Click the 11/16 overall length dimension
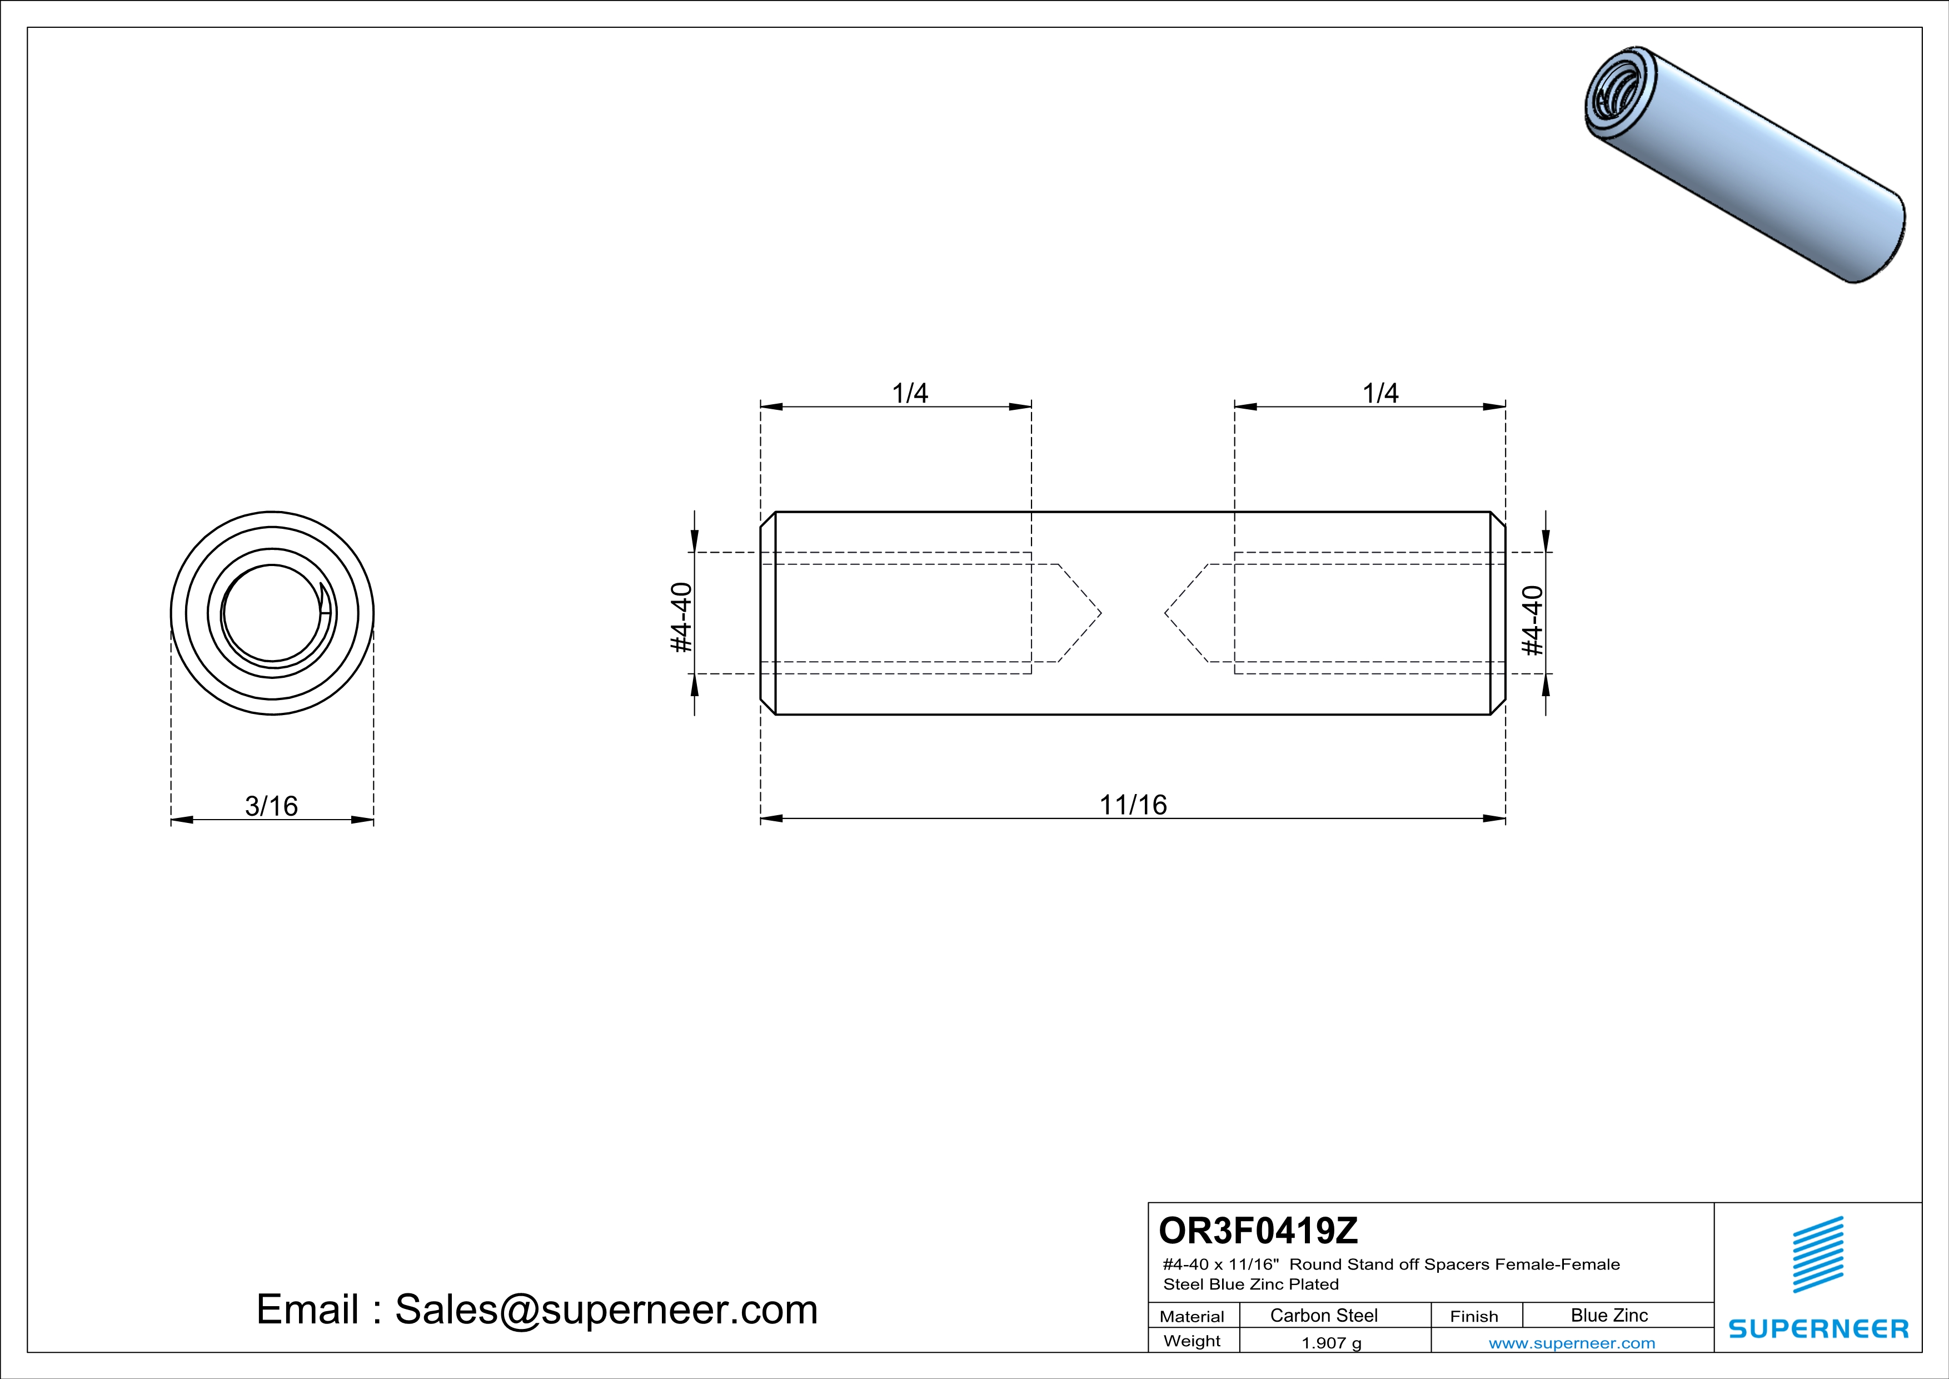(x=1133, y=804)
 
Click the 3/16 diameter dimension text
(x=272, y=806)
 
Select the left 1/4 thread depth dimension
(x=909, y=393)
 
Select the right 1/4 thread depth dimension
(x=1380, y=393)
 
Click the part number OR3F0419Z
(x=1258, y=1229)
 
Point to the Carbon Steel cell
(x=1323, y=1315)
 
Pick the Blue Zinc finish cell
(x=1608, y=1315)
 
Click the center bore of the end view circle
(x=272, y=613)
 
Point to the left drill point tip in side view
(x=1100, y=613)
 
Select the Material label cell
(x=1192, y=1316)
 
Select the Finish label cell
(x=1474, y=1316)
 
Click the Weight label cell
(x=1192, y=1342)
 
